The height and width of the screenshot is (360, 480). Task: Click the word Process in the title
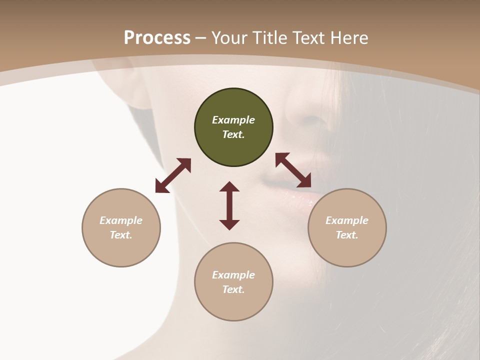157,38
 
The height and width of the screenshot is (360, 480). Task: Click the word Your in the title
229,38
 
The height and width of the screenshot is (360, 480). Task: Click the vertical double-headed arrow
229,205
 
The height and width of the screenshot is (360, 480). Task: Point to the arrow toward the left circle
173,175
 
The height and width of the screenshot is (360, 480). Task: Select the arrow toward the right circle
293,170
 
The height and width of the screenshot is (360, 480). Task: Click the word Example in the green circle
233,120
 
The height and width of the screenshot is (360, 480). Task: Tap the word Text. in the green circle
233,134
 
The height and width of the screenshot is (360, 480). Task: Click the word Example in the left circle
121,220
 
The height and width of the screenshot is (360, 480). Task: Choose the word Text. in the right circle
347,235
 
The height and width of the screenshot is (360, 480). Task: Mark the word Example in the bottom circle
233,275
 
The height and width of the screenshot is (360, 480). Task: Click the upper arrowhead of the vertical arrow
229,186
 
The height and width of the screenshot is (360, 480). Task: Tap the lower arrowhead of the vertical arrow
229,224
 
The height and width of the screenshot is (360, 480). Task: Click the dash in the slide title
200,38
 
